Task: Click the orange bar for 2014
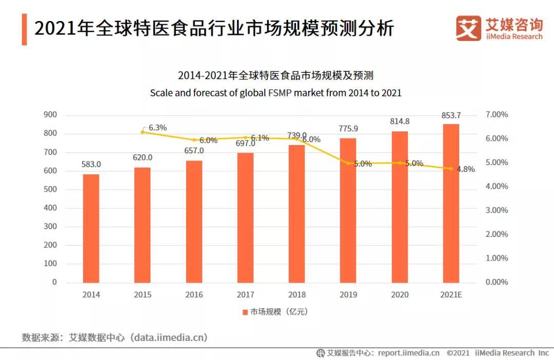coord(91,228)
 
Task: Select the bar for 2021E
coord(451,203)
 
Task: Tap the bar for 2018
coord(297,214)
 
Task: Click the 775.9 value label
coord(348,129)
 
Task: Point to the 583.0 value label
coord(91,164)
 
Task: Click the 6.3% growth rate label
coord(157,128)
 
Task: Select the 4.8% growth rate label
coord(466,169)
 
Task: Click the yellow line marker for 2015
coord(143,132)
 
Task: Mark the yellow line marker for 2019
coord(348,163)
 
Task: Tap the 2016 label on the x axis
coord(194,295)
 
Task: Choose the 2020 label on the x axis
coord(400,295)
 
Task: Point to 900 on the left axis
coord(50,114)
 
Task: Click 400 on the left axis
coord(50,208)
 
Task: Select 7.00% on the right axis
coord(497,114)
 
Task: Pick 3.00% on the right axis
coord(497,210)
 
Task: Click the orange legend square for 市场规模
coord(245,312)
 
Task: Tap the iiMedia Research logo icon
coord(468,28)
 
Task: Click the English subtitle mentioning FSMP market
coord(275,93)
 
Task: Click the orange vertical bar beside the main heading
coord(25,29)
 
